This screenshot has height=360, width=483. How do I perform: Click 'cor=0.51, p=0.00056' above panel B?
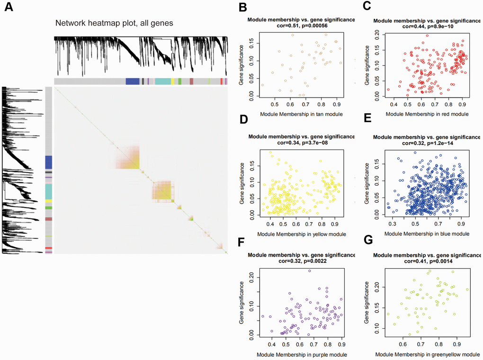pyautogui.click(x=300, y=26)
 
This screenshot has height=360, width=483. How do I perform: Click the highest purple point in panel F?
pyautogui.click(x=310, y=271)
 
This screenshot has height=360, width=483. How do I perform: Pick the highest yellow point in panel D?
pyautogui.click(x=270, y=153)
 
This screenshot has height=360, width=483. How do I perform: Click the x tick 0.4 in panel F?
pyautogui.click(x=271, y=345)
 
